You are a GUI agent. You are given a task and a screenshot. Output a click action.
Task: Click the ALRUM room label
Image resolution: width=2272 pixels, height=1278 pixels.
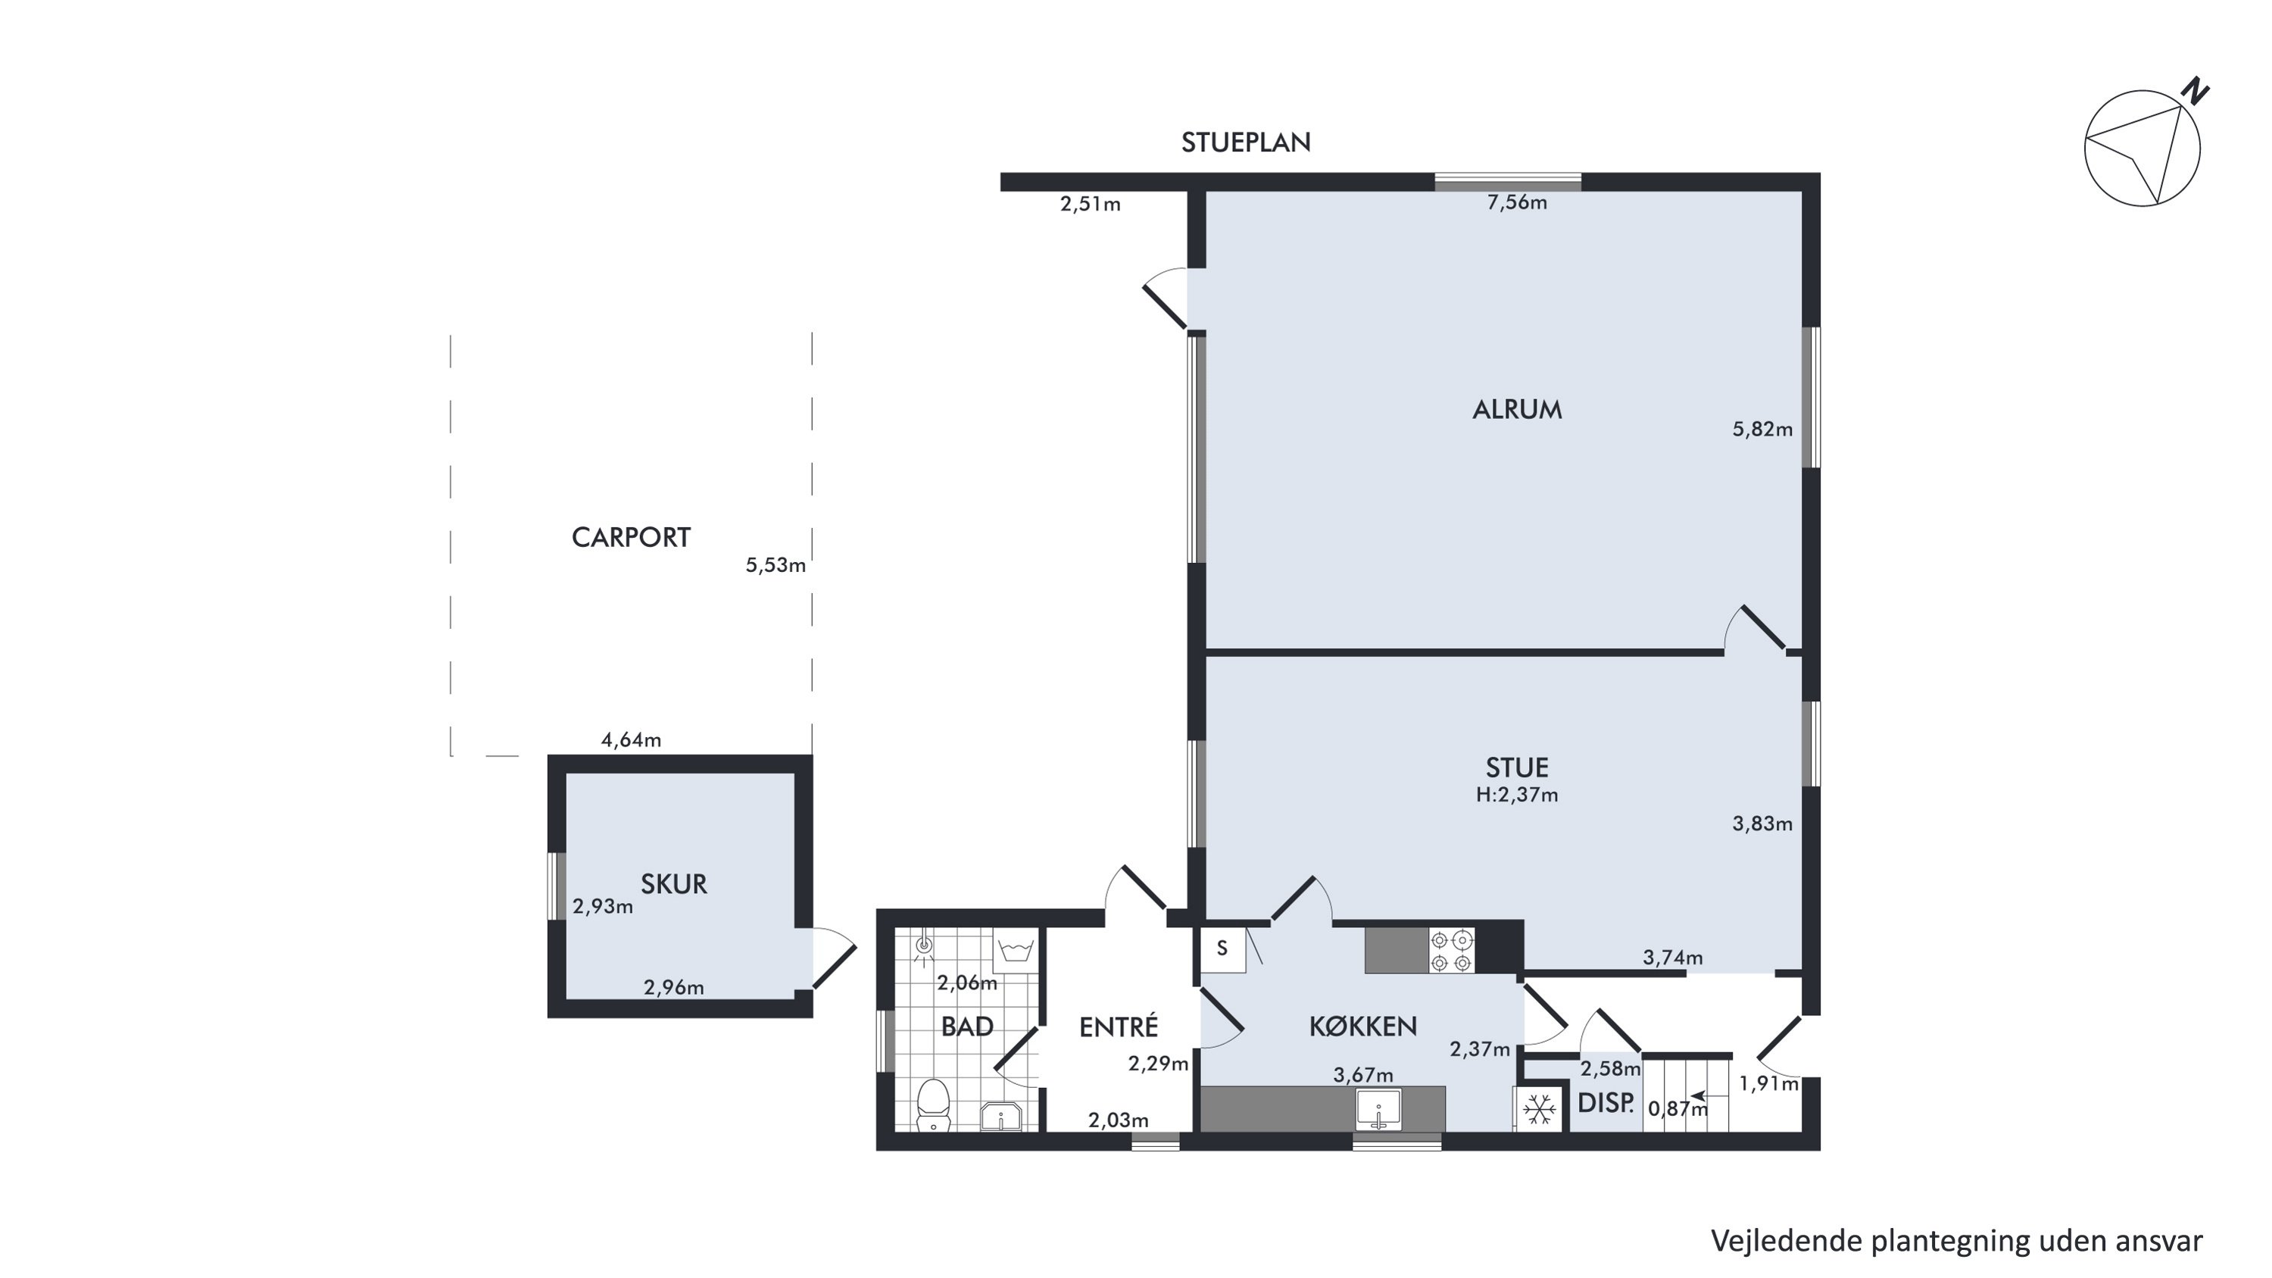pyautogui.click(x=1517, y=409)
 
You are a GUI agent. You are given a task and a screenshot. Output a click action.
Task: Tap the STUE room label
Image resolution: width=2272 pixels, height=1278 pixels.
pyautogui.click(x=1517, y=767)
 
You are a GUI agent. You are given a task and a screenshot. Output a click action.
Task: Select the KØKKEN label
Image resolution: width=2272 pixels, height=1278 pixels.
pyautogui.click(x=1362, y=1026)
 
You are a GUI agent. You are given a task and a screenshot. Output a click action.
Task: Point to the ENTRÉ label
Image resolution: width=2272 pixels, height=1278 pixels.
pyautogui.click(x=1119, y=1026)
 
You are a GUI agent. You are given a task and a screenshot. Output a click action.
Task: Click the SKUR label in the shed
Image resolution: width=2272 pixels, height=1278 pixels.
pyautogui.click(x=674, y=884)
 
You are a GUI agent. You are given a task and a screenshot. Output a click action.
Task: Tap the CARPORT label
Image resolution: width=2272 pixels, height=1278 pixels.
pyautogui.click(x=631, y=537)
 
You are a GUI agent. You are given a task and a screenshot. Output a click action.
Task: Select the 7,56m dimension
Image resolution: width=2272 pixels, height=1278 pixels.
pyautogui.click(x=1517, y=203)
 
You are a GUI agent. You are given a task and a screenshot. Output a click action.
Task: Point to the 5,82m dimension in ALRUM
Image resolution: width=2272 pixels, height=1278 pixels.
pyautogui.click(x=1762, y=430)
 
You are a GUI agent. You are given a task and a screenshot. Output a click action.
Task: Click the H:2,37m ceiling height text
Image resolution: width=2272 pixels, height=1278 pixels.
pyautogui.click(x=1517, y=795)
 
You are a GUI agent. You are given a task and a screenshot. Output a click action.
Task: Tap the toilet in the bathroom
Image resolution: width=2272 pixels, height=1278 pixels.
pyautogui.click(x=932, y=1106)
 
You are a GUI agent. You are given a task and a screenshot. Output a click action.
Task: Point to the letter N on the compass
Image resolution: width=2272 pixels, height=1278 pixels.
pyautogui.click(x=2196, y=91)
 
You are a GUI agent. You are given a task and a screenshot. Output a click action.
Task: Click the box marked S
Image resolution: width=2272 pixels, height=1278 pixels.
pyautogui.click(x=1222, y=949)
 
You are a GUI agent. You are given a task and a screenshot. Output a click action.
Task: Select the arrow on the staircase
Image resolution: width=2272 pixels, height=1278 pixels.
pyautogui.click(x=1698, y=1097)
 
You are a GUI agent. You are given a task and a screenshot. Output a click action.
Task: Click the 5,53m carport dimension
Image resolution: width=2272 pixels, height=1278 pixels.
pyautogui.click(x=776, y=565)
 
